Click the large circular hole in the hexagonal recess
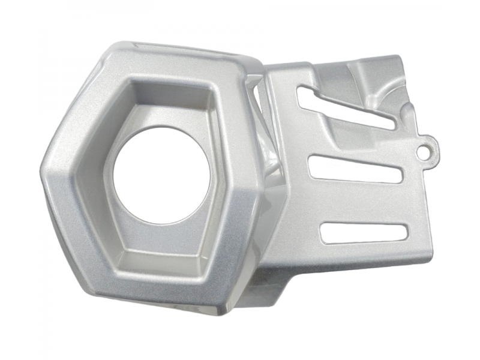tap(161, 174)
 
